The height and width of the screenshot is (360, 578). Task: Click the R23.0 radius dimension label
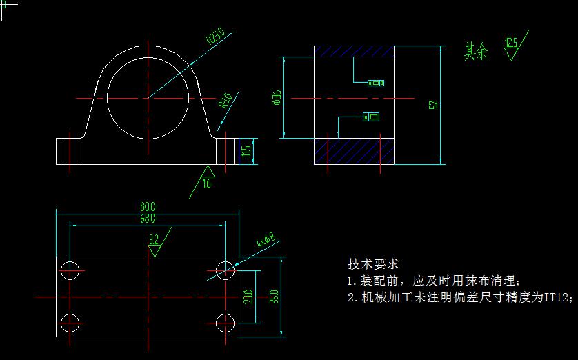[x=216, y=35]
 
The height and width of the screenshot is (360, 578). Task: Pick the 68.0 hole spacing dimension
[x=148, y=219]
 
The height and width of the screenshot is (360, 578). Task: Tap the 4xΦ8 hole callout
[x=266, y=241]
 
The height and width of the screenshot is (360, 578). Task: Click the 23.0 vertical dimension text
[x=248, y=297]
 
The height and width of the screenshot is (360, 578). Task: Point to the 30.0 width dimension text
[x=275, y=297]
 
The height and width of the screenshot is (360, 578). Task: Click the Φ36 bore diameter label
[x=277, y=98]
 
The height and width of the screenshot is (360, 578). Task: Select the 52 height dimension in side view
[x=433, y=105]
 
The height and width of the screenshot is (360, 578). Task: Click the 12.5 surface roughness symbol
[x=511, y=47]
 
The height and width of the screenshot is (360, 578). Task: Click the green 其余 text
[x=476, y=51]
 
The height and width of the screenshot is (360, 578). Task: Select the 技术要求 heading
[x=373, y=264]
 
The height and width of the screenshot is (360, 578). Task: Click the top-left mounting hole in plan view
[x=70, y=270]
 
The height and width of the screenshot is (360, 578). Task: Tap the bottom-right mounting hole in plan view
[x=225, y=322]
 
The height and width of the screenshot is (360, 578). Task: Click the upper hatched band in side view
[x=354, y=51]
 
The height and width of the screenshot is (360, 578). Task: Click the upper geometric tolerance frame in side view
[x=376, y=83]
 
